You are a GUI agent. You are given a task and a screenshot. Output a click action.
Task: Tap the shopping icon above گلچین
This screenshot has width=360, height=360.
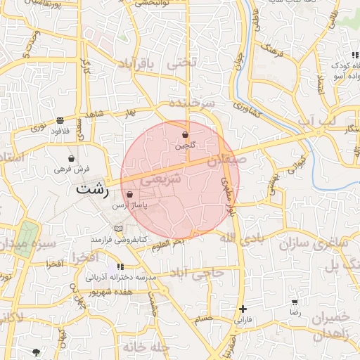[185, 134]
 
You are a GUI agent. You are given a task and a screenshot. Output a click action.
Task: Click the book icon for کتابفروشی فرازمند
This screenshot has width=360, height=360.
[118, 229]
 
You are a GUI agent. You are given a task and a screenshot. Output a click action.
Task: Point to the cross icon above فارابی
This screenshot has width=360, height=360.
[243, 309]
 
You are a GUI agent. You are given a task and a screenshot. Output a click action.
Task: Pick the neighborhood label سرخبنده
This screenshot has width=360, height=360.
[191, 103]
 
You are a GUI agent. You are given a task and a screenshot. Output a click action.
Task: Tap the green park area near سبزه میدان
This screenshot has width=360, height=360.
[26, 237]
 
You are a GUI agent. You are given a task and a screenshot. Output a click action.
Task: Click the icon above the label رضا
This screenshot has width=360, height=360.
[295, 302]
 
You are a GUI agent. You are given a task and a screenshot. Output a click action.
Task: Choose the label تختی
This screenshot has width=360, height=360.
[179, 63]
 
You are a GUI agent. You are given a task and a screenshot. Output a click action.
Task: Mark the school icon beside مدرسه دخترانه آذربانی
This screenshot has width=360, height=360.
[120, 267]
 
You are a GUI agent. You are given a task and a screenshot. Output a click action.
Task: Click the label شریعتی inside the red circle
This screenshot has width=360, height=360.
[162, 180]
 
